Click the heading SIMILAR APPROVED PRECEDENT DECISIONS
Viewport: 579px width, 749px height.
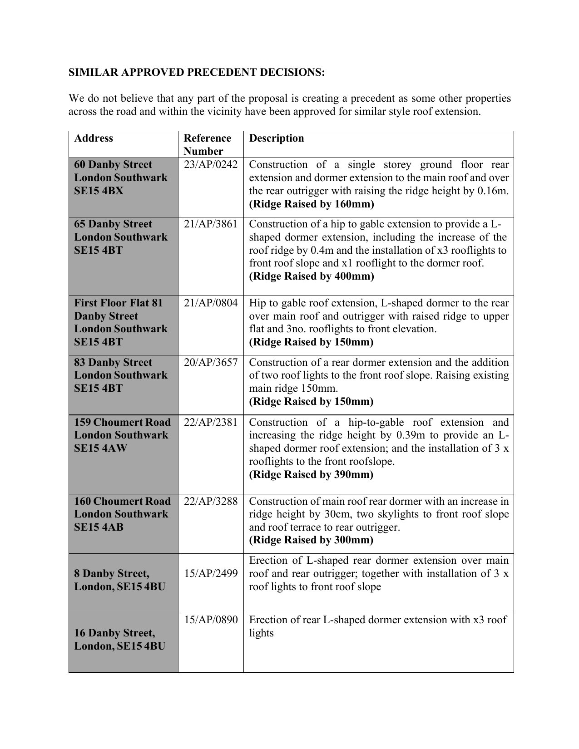point(197,73)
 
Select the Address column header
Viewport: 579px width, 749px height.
point(94,138)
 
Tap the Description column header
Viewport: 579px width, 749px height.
point(277,138)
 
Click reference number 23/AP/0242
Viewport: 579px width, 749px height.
point(211,165)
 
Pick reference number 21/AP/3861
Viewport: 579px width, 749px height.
point(211,224)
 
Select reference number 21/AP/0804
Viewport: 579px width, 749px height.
point(211,303)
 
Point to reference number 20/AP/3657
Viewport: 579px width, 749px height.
point(211,363)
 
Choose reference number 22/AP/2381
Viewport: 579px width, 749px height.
point(211,423)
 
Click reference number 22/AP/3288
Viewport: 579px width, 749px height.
point(211,502)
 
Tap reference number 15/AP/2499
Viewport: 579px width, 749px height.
point(211,574)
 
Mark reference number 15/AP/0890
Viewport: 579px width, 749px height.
point(211,620)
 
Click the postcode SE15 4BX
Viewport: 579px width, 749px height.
point(99,191)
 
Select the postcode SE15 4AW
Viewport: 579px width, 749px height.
point(100,448)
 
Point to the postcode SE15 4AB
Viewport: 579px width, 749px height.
point(99,527)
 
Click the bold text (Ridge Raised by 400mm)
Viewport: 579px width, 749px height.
point(312,276)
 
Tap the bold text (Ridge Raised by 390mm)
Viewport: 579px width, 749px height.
point(311,475)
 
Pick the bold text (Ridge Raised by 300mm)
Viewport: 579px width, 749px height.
point(311,540)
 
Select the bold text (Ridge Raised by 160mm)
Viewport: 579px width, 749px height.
point(312,204)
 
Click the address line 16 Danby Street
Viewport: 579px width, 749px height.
point(114,633)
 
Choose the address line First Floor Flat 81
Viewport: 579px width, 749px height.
point(118,303)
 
